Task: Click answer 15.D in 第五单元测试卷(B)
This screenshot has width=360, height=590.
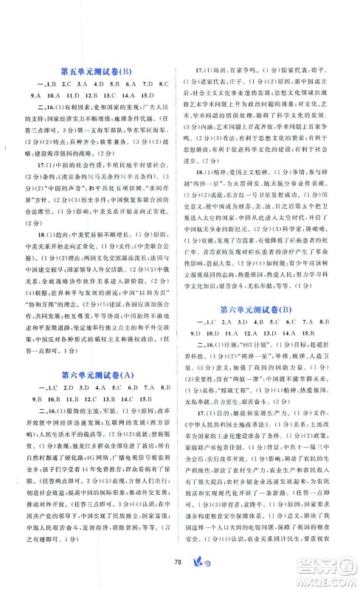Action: point(143,96)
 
